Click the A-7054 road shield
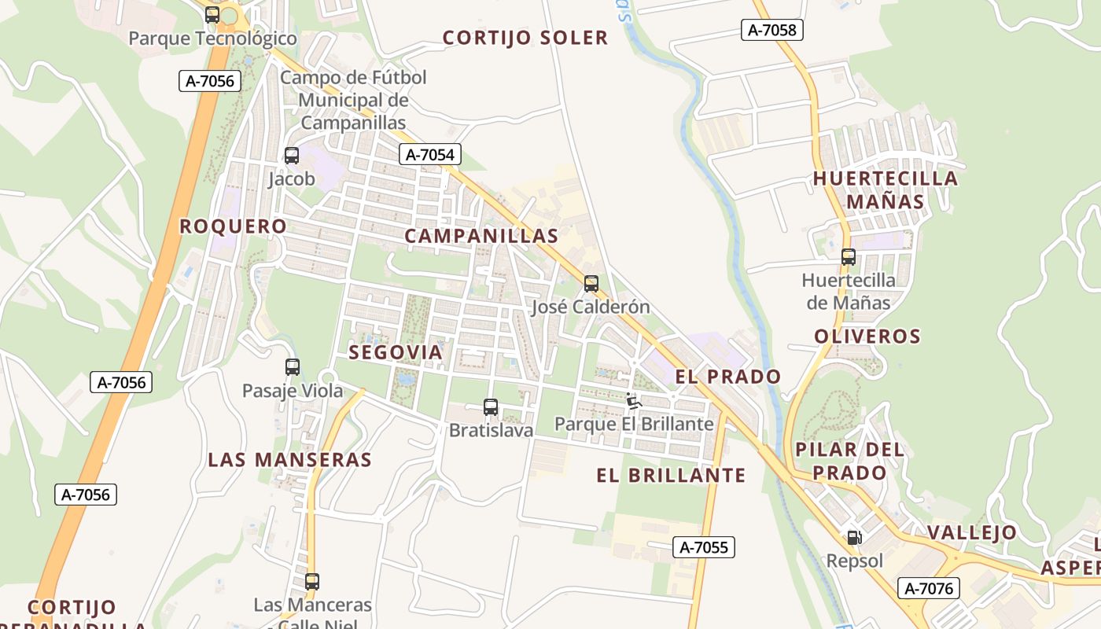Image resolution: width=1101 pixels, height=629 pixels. [429, 154]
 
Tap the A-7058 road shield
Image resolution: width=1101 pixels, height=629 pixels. [771, 30]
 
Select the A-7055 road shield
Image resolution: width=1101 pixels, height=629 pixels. [703, 547]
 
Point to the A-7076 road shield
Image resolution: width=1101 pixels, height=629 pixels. [928, 588]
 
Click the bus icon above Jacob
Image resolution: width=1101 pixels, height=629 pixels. [292, 156]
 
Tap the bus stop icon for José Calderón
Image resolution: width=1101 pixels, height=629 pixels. [591, 284]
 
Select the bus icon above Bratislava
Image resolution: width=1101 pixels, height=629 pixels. [491, 407]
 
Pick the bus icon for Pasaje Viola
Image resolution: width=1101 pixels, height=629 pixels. [293, 367]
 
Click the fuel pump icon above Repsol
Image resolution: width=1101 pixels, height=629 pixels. [854, 539]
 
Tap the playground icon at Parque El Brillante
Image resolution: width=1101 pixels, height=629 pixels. [634, 401]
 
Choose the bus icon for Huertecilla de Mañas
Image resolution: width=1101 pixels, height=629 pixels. [849, 257]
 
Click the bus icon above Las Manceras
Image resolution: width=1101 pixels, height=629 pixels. [312, 582]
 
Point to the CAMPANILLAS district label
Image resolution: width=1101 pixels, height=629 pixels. [481, 236]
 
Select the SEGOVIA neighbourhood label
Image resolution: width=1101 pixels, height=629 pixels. [396, 352]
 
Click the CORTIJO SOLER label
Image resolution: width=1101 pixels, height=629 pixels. [525, 38]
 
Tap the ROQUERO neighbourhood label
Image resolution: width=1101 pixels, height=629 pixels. [233, 226]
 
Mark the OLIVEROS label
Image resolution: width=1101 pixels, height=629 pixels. [867, 337]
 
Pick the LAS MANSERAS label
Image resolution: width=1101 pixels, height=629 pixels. [289, 460]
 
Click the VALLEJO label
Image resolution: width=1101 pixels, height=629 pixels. [972, 532]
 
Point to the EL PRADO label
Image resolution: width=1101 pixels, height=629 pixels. [728, 377]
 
